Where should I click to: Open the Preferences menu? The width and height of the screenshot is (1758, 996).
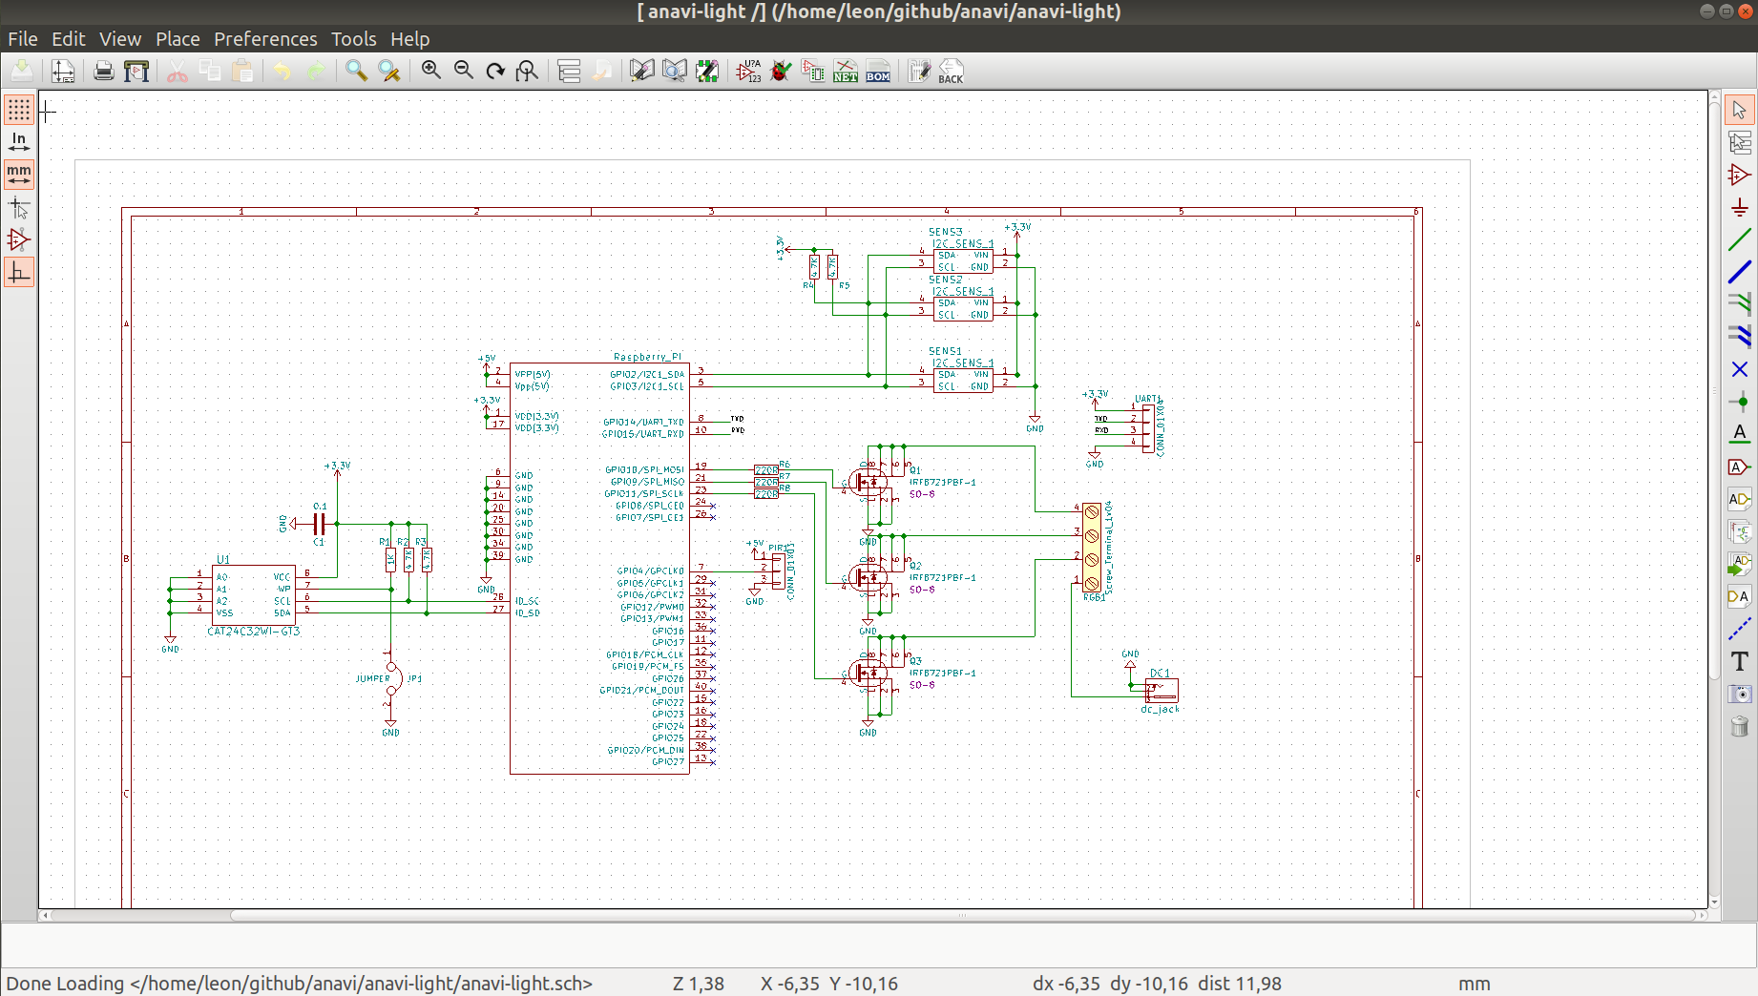[264, 39]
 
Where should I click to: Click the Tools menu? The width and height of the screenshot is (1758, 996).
[353, 39]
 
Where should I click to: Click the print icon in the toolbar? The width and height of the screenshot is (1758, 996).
[104, 72]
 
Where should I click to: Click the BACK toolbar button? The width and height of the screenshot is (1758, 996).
[951, 72]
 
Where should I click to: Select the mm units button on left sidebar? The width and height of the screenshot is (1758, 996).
[18, 175]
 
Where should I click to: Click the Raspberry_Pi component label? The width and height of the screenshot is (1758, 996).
[647, 357]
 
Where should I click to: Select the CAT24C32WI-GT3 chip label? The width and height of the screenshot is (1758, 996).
[253, 632]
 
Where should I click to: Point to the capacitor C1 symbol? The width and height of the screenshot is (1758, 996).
[320, 524]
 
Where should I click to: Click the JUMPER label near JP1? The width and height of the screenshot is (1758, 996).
[372, 679]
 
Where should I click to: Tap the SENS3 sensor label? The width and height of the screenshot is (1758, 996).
[945, 232]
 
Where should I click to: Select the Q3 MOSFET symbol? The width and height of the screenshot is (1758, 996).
[868, 673]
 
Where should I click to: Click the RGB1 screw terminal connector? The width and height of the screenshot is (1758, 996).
[1092, 548]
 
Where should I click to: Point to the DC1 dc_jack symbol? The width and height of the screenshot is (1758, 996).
[1162, 690]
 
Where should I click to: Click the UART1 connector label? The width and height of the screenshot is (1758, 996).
[1147, 399]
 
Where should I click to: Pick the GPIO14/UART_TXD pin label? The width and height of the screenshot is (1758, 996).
[643, 422]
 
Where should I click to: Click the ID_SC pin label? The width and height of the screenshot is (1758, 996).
[527, 601]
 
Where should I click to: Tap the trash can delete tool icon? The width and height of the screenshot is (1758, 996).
[1739, 727]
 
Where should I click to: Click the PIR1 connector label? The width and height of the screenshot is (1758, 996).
[778, 548]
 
